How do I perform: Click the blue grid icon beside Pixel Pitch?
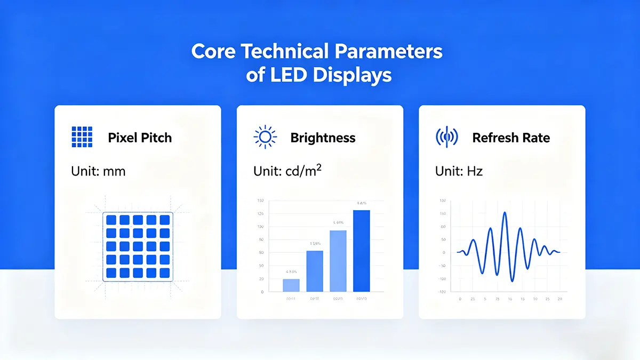[x=82, y=138]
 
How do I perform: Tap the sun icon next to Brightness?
[x=265, y=138]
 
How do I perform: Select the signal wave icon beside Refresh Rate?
[x=446, y=138]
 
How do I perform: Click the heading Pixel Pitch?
[x=140, y=138]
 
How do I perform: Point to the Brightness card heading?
[x=323, y=138]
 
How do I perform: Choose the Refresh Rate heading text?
[x=510, y=138]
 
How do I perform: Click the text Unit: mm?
[x=98, y=171]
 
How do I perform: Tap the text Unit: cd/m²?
[x=287, y=171]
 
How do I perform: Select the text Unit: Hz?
[x=459, y=171]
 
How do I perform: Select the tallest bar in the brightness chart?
[x=361, y=251]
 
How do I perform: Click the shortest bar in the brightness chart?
[x=291, y=285]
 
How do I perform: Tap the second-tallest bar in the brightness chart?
[x=338, y=261]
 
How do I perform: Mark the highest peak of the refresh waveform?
[x=505, y=213]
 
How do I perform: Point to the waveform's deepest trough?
[x=512, y=280]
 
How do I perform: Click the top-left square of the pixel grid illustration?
[x=111, y=220]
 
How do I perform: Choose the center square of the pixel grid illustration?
[x=138, y=246]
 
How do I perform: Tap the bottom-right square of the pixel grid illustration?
[x=164, y=273]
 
